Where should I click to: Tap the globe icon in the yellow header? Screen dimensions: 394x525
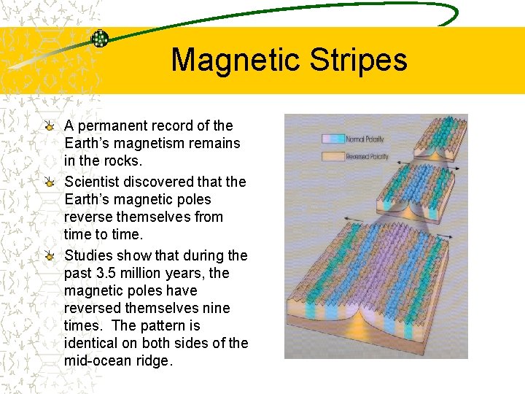[x=100, y=39]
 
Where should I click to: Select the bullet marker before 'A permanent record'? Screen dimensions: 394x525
[x=48, y=125]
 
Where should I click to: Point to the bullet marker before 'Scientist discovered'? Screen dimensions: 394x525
[x=48, y=182]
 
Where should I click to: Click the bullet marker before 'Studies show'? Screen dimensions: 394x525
[x=48, y=255]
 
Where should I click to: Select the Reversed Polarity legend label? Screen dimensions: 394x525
[x=367, y=156]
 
